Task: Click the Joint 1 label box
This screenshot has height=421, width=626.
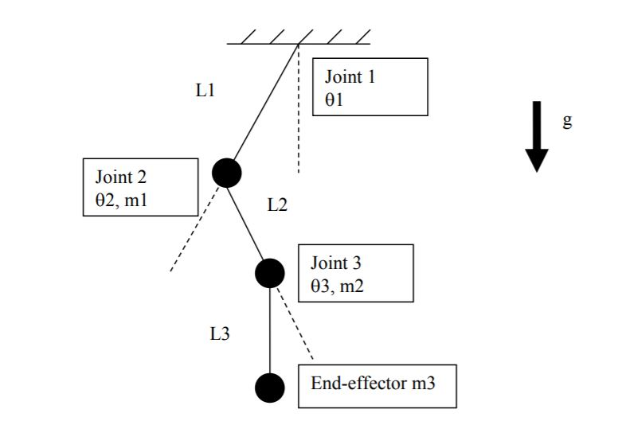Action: coord(370,87)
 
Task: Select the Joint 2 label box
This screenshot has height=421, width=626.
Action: coord(140,186)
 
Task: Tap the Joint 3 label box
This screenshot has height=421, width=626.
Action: coord(356,273)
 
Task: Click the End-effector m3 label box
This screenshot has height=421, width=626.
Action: coord(378,384)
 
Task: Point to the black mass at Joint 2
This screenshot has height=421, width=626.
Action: coord(227,171)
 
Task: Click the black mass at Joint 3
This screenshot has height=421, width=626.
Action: coord(270,273)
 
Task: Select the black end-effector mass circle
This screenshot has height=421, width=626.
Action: coord(270,388)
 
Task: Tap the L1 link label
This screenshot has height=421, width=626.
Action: coord(205,91)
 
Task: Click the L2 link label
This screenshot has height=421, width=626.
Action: coord(276,205)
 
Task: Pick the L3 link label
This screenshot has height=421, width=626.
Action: coord(220,334)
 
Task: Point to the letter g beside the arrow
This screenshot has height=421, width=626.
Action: coord(567,121)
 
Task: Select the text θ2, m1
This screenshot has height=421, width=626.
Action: coord(122,201)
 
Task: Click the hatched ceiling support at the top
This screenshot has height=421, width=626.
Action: coord(299,37)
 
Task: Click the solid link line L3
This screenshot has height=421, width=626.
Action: coord(270,330)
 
